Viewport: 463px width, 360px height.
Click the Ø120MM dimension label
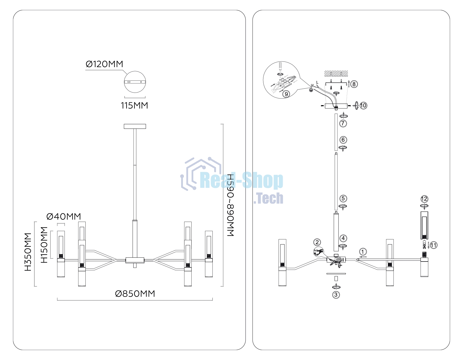point(104,64)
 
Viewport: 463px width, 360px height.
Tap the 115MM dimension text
point(135,105)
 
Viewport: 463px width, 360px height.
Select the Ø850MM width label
point(135,294)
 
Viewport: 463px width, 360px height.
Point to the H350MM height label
point(28,252)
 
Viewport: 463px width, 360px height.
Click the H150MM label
point(44,245)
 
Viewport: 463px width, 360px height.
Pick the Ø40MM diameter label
point(64,217)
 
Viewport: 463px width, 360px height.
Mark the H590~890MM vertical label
point(230,205)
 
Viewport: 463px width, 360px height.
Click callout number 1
point(363,252)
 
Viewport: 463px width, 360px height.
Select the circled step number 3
point(336,295)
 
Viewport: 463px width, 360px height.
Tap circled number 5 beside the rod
point(343,199)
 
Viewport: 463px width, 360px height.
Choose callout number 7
point(343,123)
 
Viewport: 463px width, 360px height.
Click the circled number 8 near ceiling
point(354,84)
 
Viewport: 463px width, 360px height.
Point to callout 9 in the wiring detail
point(286,94)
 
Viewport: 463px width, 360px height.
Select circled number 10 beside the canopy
point(363,105)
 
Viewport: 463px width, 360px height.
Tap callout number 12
point(424,199)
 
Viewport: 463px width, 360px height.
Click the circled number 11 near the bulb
point(434,245)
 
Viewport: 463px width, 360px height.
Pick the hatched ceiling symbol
point(336,73)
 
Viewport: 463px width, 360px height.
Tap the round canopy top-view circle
point(135,82)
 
